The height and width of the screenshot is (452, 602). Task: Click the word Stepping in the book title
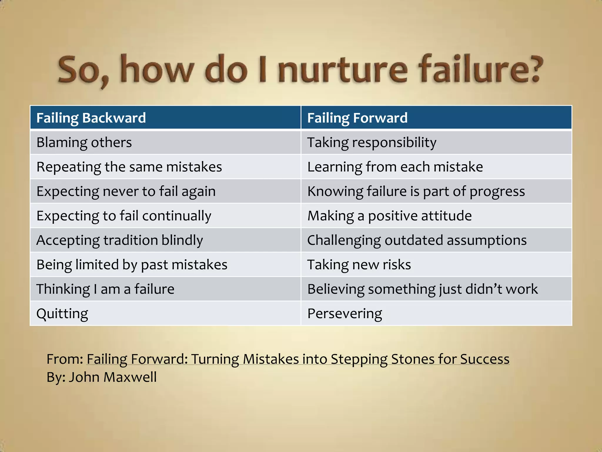(x=359, y=359)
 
